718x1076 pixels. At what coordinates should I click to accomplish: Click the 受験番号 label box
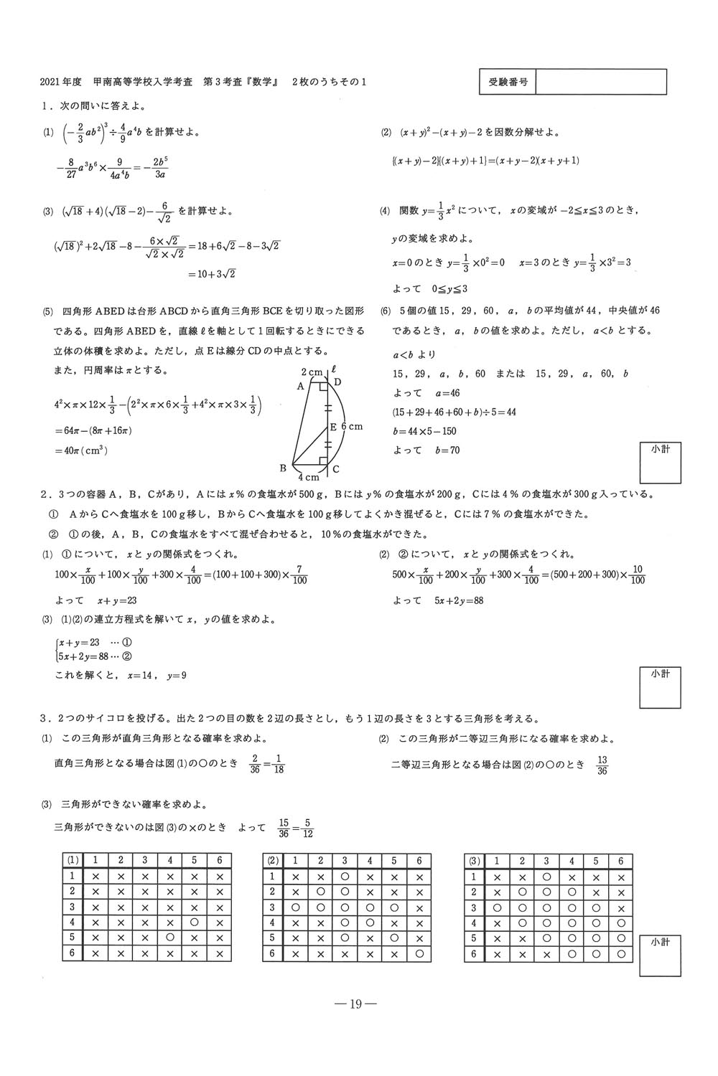click(x=508, y=82)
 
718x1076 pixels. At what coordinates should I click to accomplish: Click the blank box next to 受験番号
click(x=601, y=82)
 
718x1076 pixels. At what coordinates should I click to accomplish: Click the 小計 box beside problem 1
click(x=660, y=463)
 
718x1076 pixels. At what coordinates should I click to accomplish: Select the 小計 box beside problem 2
click(x=660, y=687)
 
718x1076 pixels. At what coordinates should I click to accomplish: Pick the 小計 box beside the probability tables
click(x=660, y=955)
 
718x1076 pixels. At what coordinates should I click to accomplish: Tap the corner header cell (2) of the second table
click(x=273, y=861)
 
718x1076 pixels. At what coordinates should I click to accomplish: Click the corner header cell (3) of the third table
click(x=474, y=861)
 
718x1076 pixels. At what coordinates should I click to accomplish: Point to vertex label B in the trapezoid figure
click(x=283, y=468)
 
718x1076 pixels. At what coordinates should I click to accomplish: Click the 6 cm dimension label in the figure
click(x=350, y=427)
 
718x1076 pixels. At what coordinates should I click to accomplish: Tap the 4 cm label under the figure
click(x=309, y=478)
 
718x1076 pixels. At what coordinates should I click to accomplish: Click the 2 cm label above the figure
click(x=312, y=372)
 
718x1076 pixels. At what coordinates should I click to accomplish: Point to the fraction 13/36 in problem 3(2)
click(x=602, y=765)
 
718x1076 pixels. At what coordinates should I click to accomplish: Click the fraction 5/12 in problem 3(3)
click(x=307, y=829)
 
